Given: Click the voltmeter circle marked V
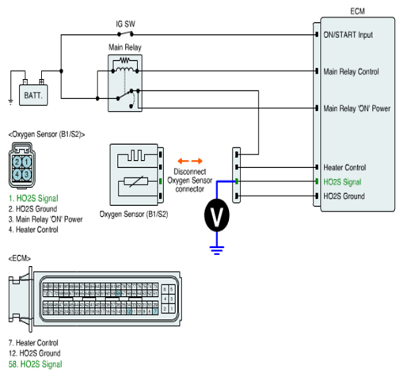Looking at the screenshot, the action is click(x=217, y=215).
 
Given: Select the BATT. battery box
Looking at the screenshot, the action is click(x=33, y=95).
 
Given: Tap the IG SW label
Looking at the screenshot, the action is click(x=125, y=24).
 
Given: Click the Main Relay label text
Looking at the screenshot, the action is click(x=125, y=48).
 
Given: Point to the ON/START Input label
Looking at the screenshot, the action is click(x=348, y=35).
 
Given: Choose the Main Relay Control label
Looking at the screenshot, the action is click(x=351, y=71).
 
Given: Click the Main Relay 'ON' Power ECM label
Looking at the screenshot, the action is click(x=357, y=109).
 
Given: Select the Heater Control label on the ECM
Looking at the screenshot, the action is click(x=344, y=167).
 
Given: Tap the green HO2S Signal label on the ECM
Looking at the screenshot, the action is click(x=342, y=182).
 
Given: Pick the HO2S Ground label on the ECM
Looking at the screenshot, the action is click(x=344, y=196).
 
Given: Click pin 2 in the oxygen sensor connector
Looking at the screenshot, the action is click(x=17, y=162).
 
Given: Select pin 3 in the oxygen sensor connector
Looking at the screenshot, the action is click(x=27, y=174).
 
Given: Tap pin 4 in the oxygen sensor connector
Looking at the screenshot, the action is click(x=17, y=174).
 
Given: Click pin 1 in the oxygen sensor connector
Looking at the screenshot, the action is click(x=27, y=162).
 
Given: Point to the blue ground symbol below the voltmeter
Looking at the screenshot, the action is click(x=217, y=250).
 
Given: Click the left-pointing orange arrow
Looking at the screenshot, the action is click(x=183, y=161).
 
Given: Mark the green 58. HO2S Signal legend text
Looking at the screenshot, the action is click(x=36, y=364).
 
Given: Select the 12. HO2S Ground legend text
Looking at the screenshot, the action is click(x=35, y=353).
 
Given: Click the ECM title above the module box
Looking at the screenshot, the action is click(x=357, y=11).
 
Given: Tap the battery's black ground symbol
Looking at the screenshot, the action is click(x=10, y=102).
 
